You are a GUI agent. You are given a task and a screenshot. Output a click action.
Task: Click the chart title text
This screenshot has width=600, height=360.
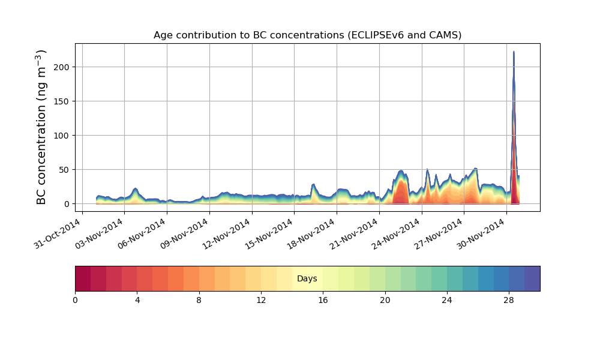307,35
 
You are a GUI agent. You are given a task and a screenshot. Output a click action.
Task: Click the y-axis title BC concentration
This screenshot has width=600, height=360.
41,127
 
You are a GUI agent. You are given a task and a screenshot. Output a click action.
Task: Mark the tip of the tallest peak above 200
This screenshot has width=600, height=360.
514,52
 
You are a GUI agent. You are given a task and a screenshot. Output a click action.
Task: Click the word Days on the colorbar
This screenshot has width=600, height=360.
307,279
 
